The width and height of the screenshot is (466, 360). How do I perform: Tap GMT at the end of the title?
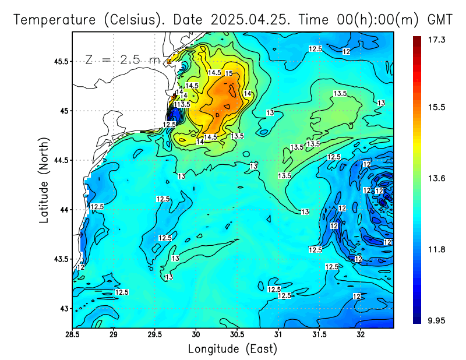pyautogui.click(x=440, y=19)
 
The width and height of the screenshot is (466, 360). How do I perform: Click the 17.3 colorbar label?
pyautogui.click(x=436, y=40)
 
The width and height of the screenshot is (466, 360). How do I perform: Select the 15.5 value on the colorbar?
pyautogui.click(x=436, y=108)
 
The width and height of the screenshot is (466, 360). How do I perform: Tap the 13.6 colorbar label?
pyautogui.click(x=436, y=179)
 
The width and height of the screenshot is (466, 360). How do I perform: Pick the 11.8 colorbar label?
pyautogui.click(x=436, y=249)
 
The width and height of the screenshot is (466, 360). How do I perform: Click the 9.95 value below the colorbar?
pyautogui.click(x=436, y=320)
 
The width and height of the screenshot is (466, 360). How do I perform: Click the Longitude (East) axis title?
pyautogui.click(x=232, y=349)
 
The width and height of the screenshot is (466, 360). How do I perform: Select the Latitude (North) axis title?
pyautogui.click(x=44, y=179)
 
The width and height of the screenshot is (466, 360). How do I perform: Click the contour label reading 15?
pyautogui.click(x=228, y=73)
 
